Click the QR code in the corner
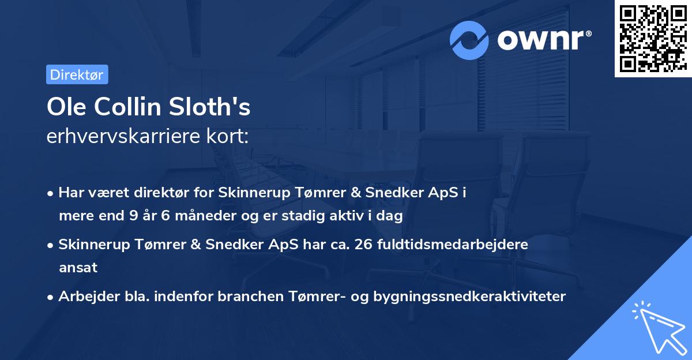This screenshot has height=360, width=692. coord(653,39)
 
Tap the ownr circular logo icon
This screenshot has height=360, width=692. coord(469,40)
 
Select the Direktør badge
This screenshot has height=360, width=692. coord(77,74)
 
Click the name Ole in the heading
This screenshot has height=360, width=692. coord(64,108)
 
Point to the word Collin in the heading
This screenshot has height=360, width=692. coord(127,108)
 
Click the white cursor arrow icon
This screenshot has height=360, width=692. coord(657,326)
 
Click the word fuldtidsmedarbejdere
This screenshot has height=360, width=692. coord(453,245)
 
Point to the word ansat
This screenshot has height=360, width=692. coord(78,268)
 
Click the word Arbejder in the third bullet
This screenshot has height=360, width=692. coord(84,297)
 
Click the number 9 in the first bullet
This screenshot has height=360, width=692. coord(132,216)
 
